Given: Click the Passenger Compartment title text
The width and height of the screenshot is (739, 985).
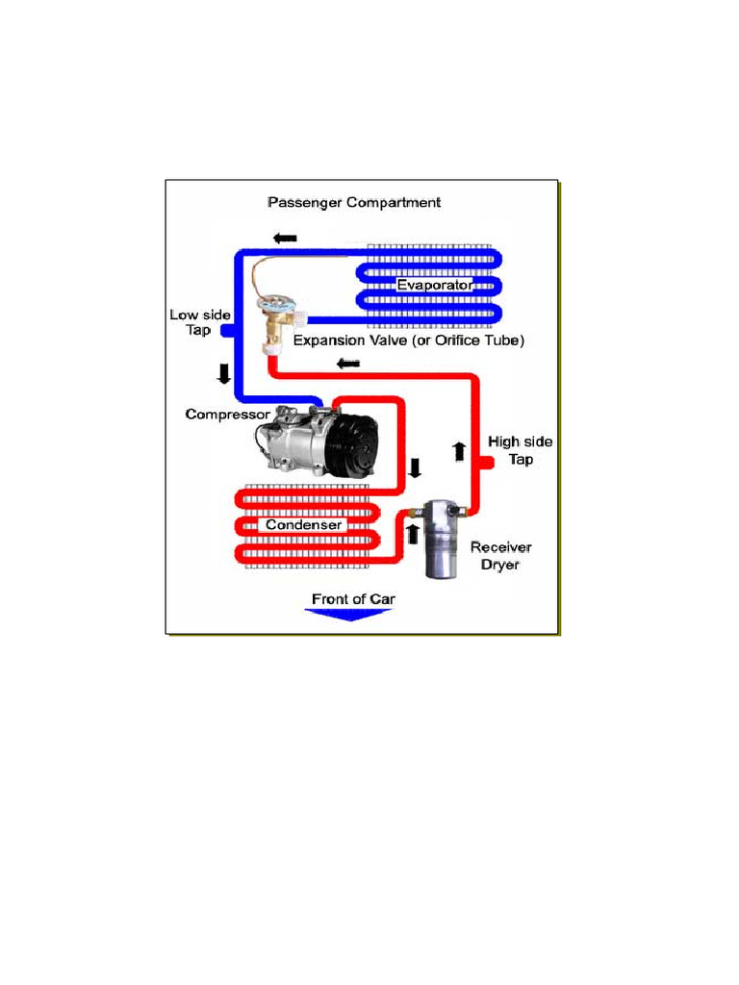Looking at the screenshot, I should [353, 202].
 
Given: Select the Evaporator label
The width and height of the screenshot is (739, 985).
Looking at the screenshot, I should [434, 286].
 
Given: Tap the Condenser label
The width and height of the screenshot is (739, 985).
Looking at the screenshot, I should [304, 525].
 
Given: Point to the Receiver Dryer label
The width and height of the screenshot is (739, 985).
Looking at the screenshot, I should [500, 555].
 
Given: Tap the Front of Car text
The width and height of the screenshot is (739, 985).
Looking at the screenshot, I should [353, 598].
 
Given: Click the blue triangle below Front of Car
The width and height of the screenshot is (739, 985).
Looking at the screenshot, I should [352, 616].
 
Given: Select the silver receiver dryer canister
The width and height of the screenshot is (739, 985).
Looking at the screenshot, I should [444, 541].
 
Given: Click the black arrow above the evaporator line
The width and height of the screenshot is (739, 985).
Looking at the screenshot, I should [285, 238].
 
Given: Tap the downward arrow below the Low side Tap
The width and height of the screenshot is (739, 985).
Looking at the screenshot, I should [224, 373].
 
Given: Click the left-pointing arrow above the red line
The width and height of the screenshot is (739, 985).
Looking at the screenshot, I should [348, 363].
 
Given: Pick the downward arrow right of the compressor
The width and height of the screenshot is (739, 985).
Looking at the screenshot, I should [415, 468].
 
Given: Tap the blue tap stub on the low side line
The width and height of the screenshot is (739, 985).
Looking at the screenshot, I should [227, 331].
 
